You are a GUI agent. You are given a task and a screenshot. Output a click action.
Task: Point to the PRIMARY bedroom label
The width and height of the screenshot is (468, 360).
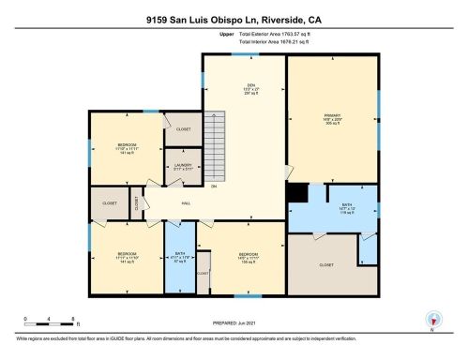point(334,122)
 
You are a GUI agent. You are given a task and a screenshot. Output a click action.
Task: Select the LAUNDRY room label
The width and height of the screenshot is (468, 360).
point(182,169)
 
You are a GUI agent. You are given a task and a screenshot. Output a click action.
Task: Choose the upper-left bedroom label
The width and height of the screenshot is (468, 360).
point(126,151)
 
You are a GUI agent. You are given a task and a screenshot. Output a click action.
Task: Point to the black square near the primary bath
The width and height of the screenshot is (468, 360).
point(297,192)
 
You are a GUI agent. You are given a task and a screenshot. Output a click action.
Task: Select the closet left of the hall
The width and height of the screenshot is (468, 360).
point(110,202)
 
